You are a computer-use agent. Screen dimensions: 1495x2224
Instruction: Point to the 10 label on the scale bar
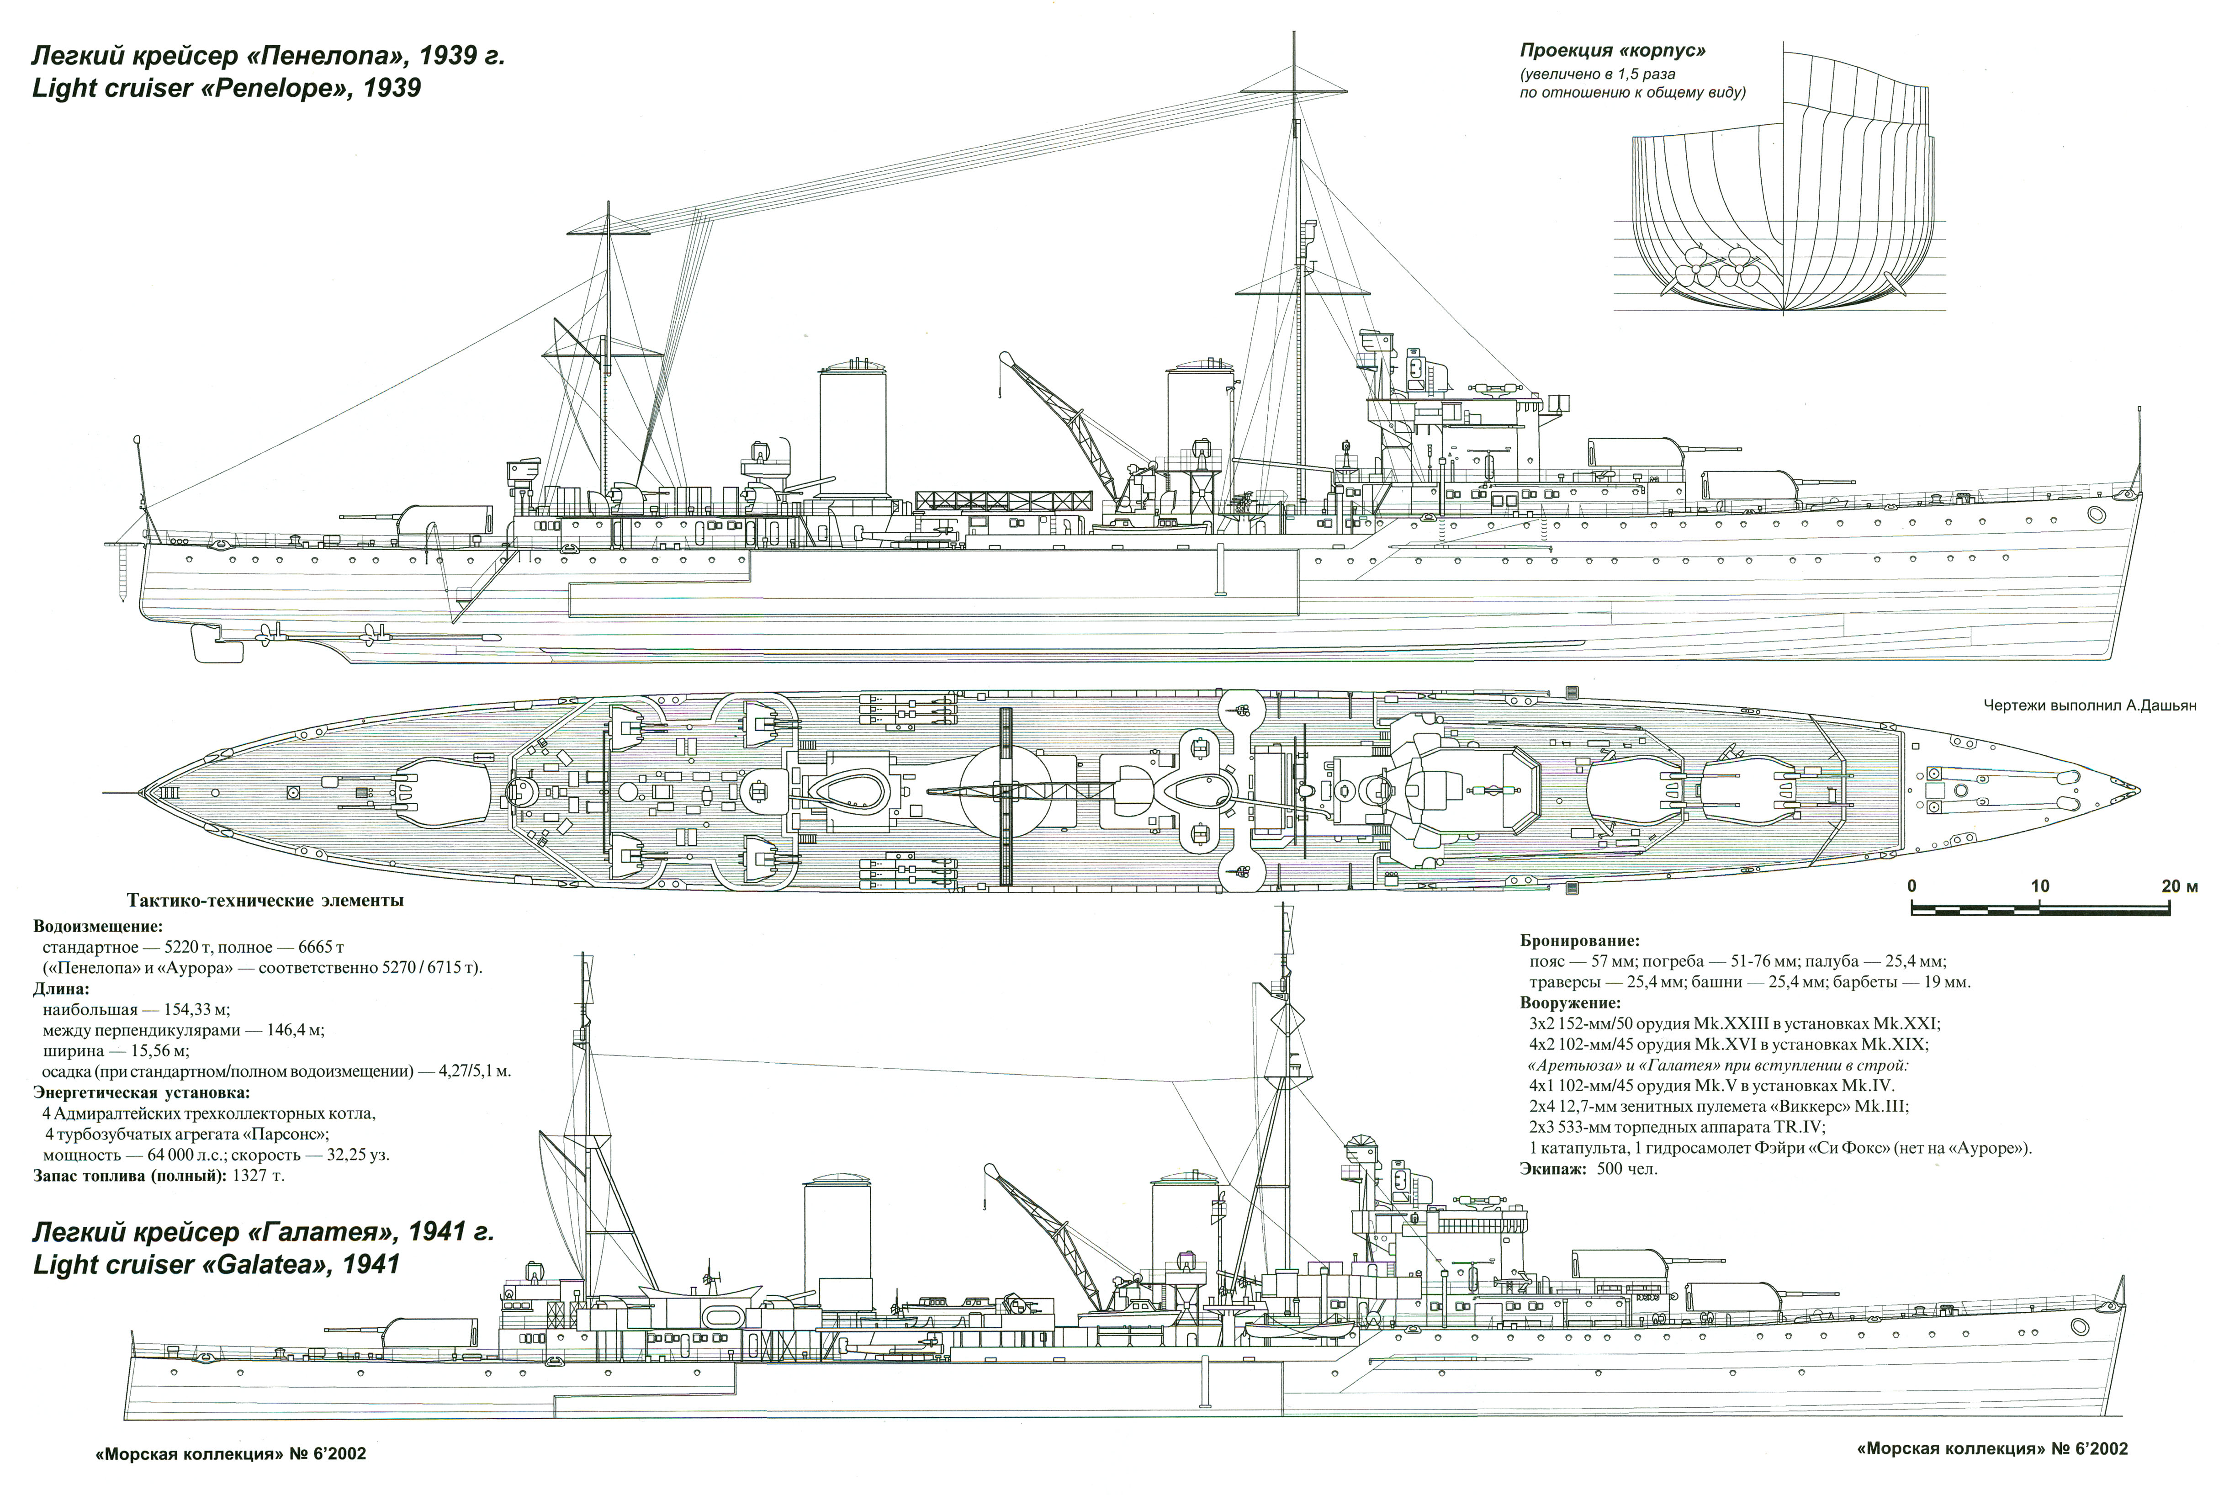(2040, 887)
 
